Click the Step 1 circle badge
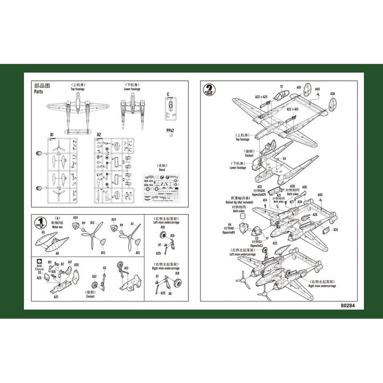(x=39, y=222)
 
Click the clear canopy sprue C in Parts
(x=170, y=109)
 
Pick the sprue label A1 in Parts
(x=52, y=135)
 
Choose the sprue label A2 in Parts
(x=99, y=135)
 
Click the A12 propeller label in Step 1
(x=93, y=223)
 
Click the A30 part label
(x=77, y=264)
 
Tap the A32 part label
(x=94, y=277)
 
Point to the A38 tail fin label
(x=332, y=94)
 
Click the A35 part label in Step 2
(x=336, y=230)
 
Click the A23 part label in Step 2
(x=275, y=243)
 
